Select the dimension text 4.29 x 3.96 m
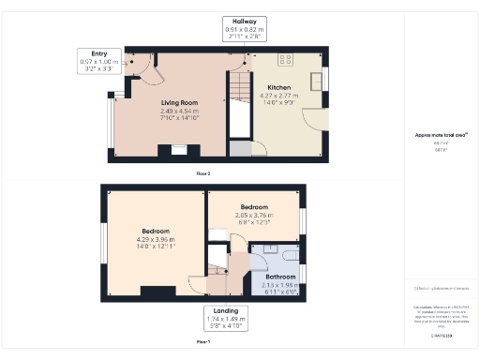157,239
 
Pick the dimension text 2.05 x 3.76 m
253,214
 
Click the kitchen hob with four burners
285,59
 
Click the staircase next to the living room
239,103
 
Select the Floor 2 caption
203,173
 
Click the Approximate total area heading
434,135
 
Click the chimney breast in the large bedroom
163,289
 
